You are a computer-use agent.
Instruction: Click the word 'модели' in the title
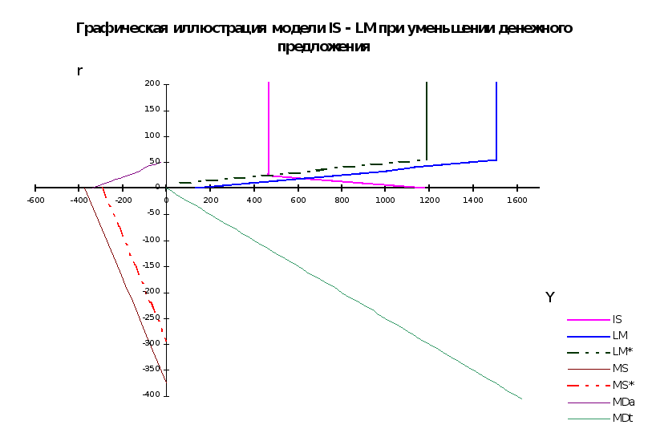(x=298, y=29)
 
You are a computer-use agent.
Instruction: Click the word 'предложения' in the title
(x=324, y=47)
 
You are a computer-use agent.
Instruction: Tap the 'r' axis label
(x=79, y=71)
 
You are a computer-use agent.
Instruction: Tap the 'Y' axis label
(x=550, y=297)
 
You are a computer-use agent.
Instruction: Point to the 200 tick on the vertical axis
(x=153, y=83)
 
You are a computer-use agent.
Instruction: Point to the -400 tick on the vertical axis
(x=152, y=395)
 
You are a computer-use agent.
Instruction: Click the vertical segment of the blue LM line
(x=496, y=120)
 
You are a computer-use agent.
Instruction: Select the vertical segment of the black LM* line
(x=427, y=120)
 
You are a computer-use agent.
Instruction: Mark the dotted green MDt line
(x=345, y=293)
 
